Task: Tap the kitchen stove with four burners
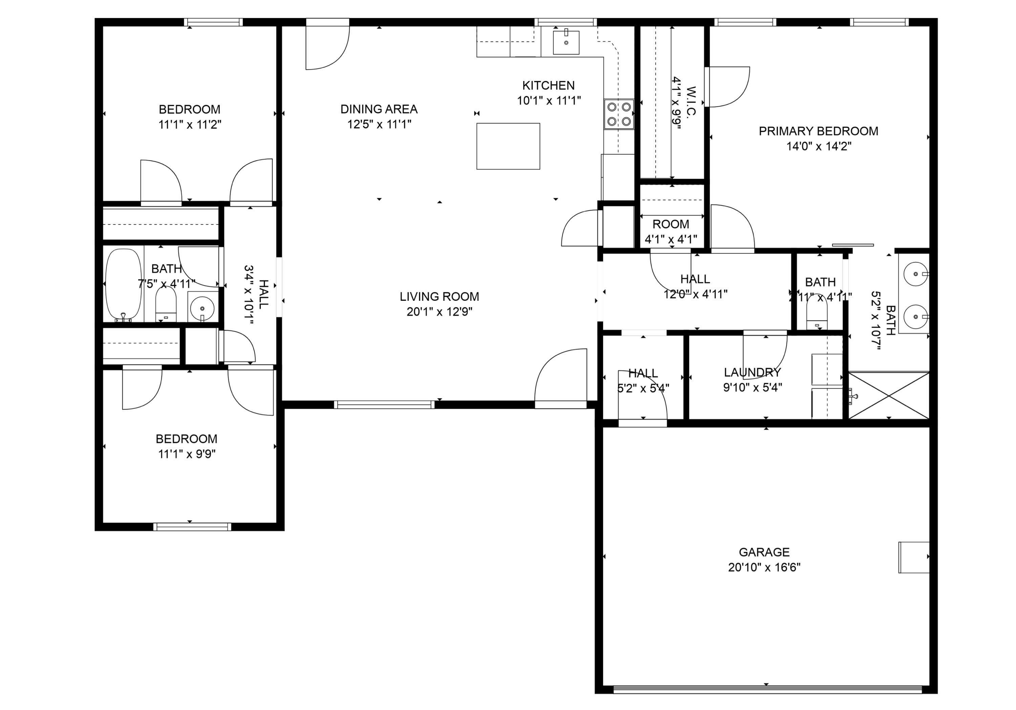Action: coord(619,114)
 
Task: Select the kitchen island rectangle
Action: coord(508,146)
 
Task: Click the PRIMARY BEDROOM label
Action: coord(818,131)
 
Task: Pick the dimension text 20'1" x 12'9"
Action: coord(439,312)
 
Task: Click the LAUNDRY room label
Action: coord(752,372)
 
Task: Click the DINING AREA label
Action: coord(379,109)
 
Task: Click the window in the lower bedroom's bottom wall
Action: coord(192,527)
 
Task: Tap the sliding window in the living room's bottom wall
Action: coord(384,404)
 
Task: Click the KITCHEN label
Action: coord(548,85)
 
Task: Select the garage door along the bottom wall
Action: coord(767,689)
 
